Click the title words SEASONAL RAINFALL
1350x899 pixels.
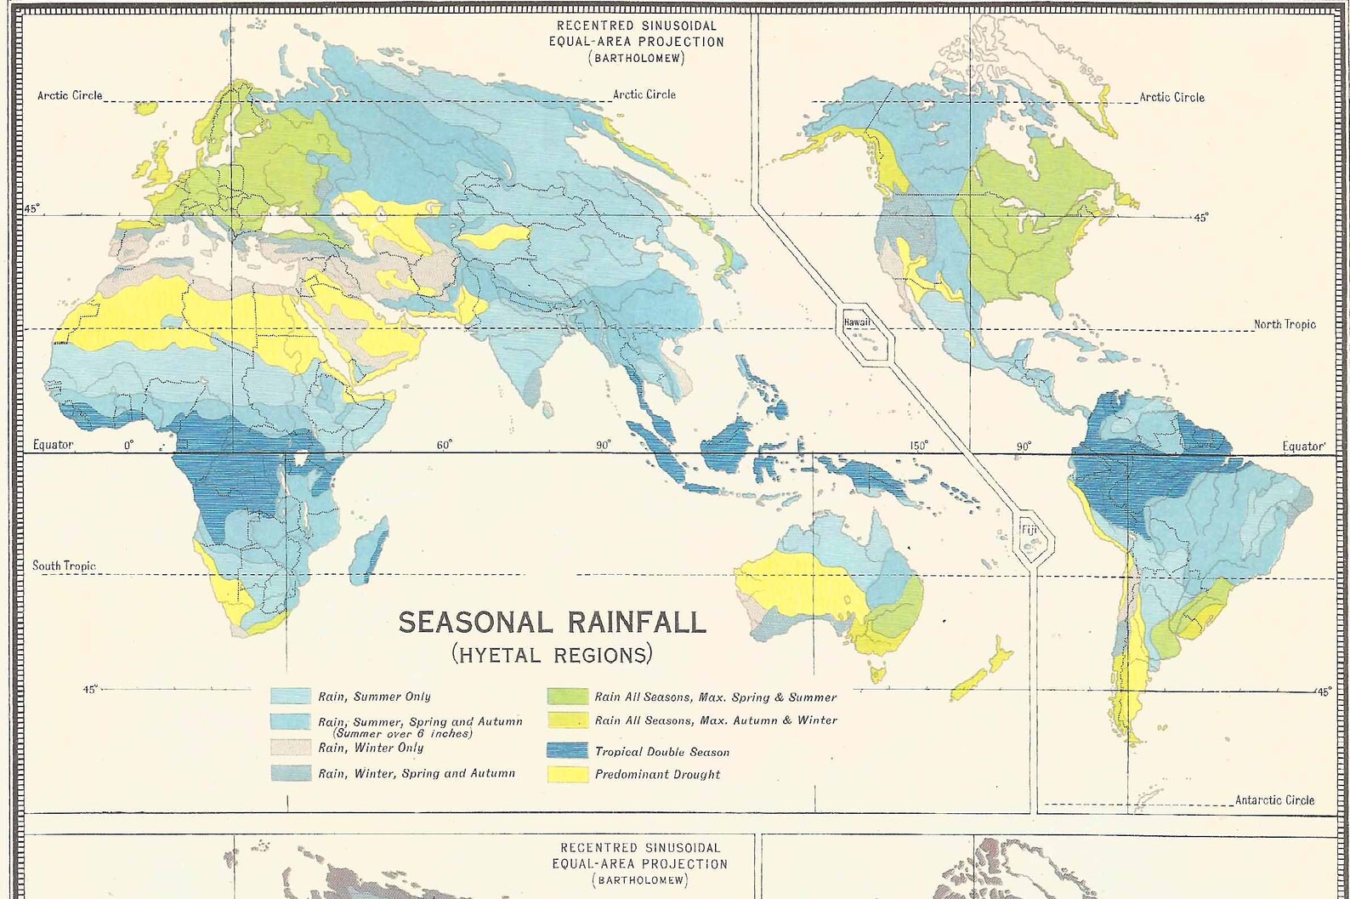(x=552, y=622)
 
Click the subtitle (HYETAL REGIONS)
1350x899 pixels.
(x=552, y=654)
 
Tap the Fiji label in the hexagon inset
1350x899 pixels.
(x=1030, y=531)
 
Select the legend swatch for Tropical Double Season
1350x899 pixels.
(x=567, y=751)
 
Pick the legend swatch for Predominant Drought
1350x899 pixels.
(x=567, y=774)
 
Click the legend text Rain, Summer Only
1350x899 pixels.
(x=374, y=697)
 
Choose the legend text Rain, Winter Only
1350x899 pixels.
(x=371, y=748)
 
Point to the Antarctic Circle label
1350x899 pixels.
(x=1273, y=799)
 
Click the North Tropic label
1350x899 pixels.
(x=1284, y=324)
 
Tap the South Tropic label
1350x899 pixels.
(x=64, y=566)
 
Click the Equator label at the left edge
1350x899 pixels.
(x=53, y=445)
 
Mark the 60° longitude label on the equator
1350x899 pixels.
(x=444, y=445)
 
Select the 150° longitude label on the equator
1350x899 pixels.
(x=918, y=446)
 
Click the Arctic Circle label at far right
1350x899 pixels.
(x=1171, y=97)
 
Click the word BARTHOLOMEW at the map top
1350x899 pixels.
(x=637, y=59)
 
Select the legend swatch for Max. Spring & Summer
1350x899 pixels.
(x=567, y=697)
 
